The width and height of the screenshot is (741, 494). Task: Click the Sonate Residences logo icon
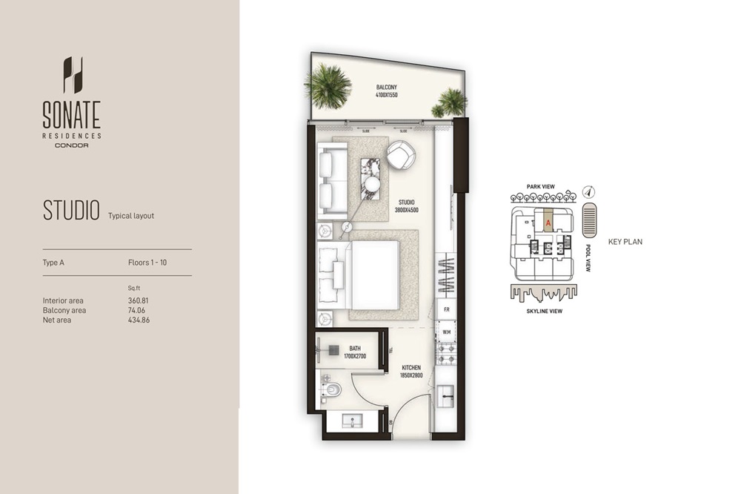73,75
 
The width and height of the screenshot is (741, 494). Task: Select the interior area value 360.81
139,300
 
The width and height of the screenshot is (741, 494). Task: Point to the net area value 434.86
139,320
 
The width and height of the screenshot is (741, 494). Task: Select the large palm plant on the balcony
327,86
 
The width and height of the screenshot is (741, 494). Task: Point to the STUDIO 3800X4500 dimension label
406,205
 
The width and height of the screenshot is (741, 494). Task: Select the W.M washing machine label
447,331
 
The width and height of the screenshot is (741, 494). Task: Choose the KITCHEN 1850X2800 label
411,372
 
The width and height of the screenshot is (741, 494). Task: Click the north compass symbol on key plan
588,191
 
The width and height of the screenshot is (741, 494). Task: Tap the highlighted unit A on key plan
548,222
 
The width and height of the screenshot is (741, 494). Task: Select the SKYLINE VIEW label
544,312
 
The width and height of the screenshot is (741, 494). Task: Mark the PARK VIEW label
542,187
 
